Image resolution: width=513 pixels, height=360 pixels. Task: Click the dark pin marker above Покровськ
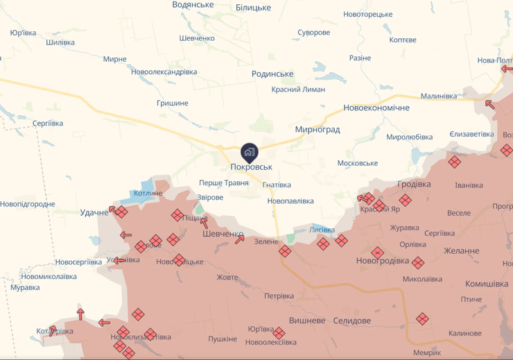point(250,151)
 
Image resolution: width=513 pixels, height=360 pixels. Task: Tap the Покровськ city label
point(251,167)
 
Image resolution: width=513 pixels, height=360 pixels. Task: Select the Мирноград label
point(317,130)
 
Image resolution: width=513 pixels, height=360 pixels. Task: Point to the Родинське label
point(272,74)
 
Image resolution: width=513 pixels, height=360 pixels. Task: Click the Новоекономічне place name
point(376,108)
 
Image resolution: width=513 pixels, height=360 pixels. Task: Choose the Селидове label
point(351,320)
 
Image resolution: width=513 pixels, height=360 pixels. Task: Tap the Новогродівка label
point(383,261)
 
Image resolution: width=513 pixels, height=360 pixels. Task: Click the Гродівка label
point(414,184)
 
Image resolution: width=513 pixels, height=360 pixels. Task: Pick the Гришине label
point(173,103)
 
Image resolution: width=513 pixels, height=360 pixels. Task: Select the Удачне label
point(94,212)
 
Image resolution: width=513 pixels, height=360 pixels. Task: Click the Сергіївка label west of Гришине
point(48,123)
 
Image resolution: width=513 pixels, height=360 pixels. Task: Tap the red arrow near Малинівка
point(489,105)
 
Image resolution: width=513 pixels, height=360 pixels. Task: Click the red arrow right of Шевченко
point(240,239)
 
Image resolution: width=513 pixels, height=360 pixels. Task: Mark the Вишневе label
point(306,320)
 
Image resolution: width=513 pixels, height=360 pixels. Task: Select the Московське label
point(357,163)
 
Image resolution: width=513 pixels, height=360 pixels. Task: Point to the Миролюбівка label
point(409,137)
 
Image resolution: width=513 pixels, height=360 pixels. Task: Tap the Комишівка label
point(486,284)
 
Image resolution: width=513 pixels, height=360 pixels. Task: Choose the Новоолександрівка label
point(164,72)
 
